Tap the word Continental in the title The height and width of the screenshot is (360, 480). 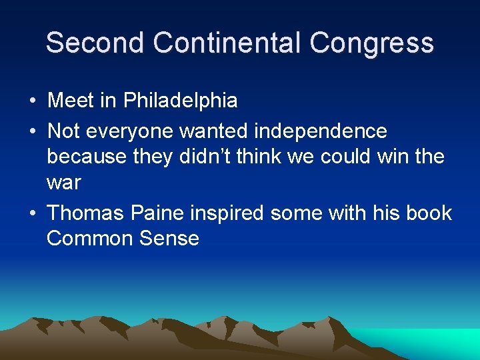227,43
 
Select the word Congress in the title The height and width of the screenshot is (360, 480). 372,43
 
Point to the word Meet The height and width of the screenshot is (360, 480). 71,101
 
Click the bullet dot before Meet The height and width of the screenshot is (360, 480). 33,101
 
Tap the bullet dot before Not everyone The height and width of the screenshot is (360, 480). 33,131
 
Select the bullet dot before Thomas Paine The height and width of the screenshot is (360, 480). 33,213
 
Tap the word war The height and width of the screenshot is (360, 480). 63,182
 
